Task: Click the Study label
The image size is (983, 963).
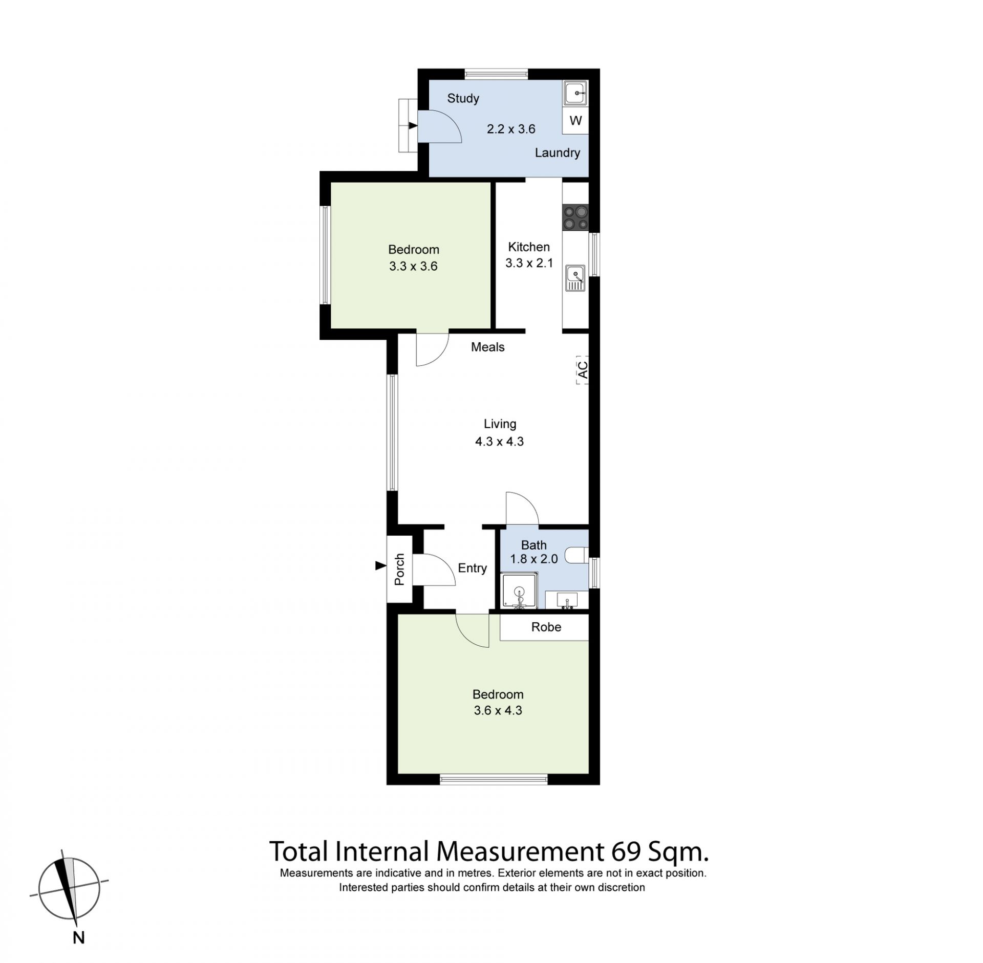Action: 463,98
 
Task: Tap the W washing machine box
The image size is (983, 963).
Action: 575,121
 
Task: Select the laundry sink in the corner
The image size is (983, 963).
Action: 575,94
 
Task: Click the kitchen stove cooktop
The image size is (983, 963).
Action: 575,217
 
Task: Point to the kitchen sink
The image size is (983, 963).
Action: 575,278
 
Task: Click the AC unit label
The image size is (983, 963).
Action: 582,370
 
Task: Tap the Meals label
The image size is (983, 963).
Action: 487,347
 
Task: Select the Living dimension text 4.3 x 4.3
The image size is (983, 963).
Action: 499,442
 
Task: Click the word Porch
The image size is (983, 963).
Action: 399,569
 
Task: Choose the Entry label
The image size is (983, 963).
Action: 472,568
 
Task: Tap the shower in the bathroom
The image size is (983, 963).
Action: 520,592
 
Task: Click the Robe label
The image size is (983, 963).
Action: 546,627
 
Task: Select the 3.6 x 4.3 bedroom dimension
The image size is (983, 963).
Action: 498,710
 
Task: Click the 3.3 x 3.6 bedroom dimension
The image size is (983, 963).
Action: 413,266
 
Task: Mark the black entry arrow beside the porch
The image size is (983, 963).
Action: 380,565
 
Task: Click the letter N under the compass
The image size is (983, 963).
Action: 78,937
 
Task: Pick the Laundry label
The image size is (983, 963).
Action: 558,153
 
